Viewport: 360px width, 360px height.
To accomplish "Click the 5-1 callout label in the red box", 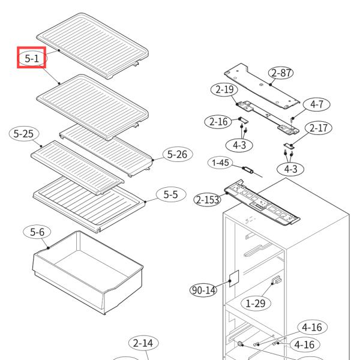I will point(31,58).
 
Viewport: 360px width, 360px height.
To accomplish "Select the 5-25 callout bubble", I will point(23,133).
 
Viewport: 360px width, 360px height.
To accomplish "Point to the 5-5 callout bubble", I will point(171,194).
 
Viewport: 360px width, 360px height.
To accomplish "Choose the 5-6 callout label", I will point(37,232).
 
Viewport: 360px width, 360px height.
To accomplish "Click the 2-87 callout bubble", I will point(281,73).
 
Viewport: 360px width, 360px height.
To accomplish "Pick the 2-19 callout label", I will point(223,91).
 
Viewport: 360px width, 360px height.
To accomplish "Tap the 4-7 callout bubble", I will point(316,104).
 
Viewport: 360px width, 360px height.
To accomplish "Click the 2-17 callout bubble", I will point(318,128).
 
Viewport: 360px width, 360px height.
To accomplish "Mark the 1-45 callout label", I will point(220,163).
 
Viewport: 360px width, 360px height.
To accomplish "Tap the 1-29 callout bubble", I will point(256,303).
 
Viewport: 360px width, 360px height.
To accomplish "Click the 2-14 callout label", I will point(143,344).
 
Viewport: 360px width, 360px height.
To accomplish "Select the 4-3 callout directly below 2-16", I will point(239,145).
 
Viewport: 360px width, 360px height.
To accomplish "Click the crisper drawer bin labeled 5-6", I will point(87,270).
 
